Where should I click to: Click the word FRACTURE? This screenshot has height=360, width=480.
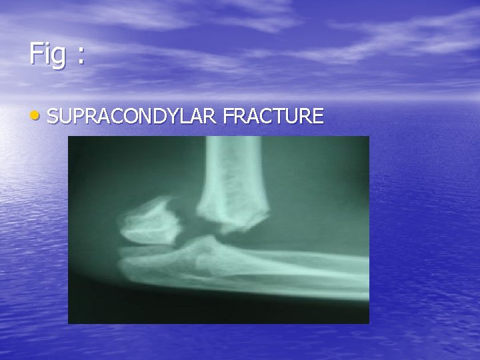tap(273, 117)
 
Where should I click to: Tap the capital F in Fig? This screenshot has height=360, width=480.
tap(35, 53)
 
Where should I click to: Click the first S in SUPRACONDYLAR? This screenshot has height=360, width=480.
tap(54, 117)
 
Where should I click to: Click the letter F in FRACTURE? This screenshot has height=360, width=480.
tap(229, 117)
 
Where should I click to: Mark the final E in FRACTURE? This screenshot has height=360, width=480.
tap(318, 117)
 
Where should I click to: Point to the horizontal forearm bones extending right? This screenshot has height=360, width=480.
tap(300, 263)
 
